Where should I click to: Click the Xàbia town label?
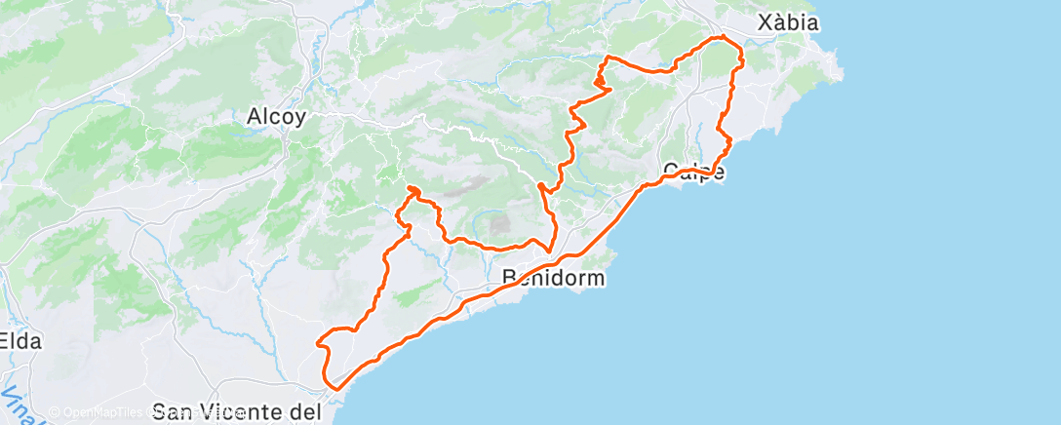(x=789, y=22)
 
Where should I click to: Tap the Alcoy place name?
(x=276, y=117)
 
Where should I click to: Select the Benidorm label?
(x=553, y=278)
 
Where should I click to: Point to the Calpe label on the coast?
(x=693, y=173)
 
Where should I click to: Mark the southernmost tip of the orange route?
(x=335, y=388)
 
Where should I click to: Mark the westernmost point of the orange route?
(x=317, y=340)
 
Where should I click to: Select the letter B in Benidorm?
(x=509, y=278)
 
